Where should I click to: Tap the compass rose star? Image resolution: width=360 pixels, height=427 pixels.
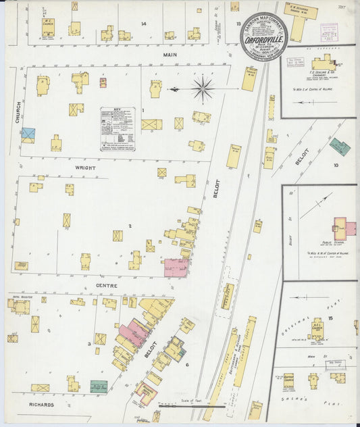click(x=203, y=89)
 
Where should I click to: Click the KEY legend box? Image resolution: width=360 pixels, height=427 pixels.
click(x=118, y=128)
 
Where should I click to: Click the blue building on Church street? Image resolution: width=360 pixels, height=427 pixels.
click(x=28, y=134)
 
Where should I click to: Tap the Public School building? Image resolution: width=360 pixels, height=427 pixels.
click(x=344, y=228)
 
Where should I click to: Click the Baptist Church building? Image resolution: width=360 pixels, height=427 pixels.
click(x=288, y=380)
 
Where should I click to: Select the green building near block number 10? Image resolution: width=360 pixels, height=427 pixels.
click(x=339, y=147)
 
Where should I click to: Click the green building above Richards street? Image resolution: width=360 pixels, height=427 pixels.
click(x=99, y=386)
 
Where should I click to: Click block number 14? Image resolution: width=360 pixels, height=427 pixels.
click(x=143, y=24)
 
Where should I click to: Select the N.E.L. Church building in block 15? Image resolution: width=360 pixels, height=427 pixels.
click(x=317, y=330)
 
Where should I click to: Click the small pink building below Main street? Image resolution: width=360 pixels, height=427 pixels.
click(x=103, y=83)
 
